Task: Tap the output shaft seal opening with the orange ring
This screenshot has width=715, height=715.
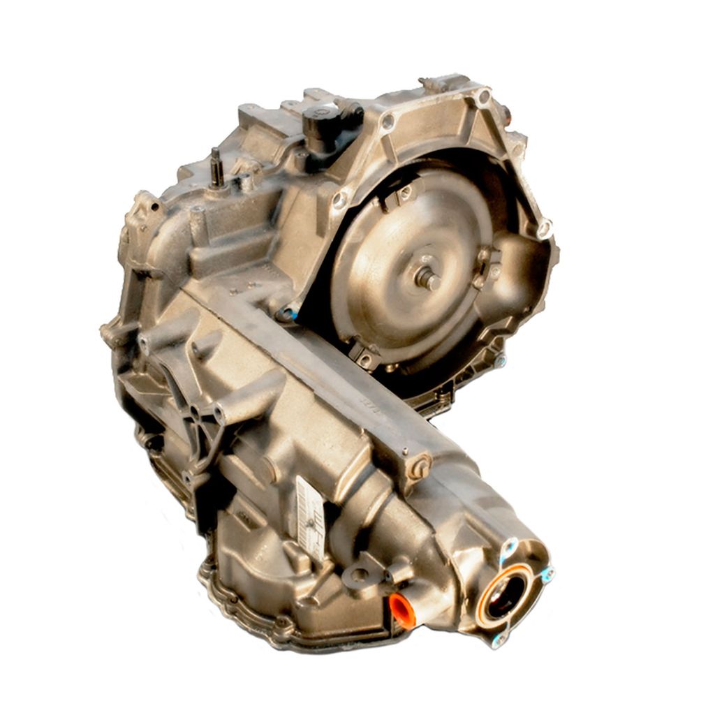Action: (505, 596)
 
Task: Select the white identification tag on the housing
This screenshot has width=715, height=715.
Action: (311, 517)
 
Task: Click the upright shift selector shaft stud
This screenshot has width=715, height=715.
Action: (217, 168)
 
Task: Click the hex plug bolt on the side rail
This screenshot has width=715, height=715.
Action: (419, 467)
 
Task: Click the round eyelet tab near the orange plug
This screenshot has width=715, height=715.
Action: (359, 575)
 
